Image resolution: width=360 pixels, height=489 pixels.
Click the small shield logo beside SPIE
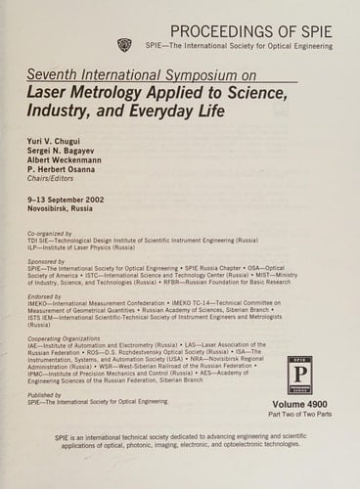tap(123, 44)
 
